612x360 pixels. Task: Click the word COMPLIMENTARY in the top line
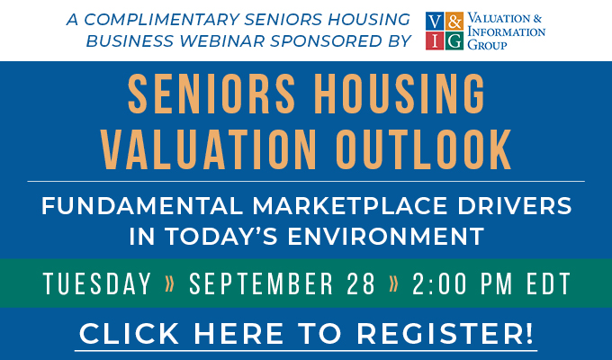162,20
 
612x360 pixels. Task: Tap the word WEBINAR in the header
222,41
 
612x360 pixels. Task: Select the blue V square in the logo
435,21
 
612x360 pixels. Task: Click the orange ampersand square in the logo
454,21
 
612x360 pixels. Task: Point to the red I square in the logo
435,40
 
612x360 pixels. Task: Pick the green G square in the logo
454,40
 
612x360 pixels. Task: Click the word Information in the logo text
506,31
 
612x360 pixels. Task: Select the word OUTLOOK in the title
423,149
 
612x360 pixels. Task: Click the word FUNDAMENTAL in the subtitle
142,206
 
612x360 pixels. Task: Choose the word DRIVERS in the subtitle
514,206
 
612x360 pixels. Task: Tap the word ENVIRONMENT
385,236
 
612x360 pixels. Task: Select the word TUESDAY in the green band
97,283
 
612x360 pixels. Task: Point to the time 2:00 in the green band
439,283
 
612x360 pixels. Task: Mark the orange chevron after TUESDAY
170,283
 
